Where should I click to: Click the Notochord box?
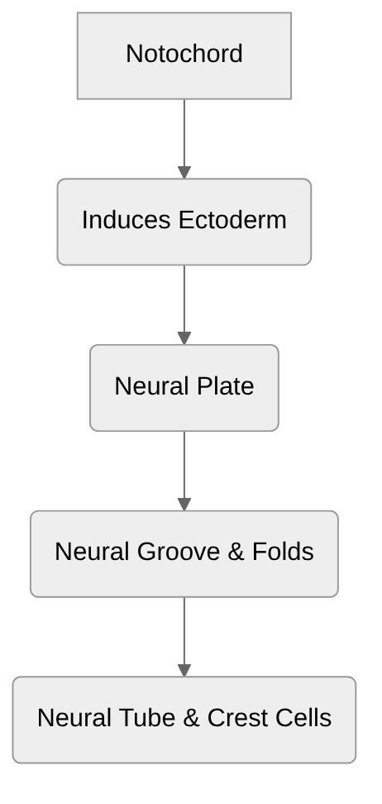click(184, 55)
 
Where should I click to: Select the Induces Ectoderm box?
click(184, 222)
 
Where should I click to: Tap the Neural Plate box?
click(184, 388)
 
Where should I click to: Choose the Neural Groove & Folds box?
click(184, 553)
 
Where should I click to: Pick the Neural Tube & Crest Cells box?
click(184, 720)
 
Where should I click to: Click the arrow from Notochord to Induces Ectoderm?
click(184, 136)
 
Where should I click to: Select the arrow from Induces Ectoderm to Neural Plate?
click(184, 303)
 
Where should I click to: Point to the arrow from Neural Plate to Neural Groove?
click(184, 469)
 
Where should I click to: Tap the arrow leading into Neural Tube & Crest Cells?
click(184, 635)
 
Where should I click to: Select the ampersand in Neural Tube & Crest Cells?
click(191, 718)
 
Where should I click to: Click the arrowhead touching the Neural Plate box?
click(184, 338)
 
